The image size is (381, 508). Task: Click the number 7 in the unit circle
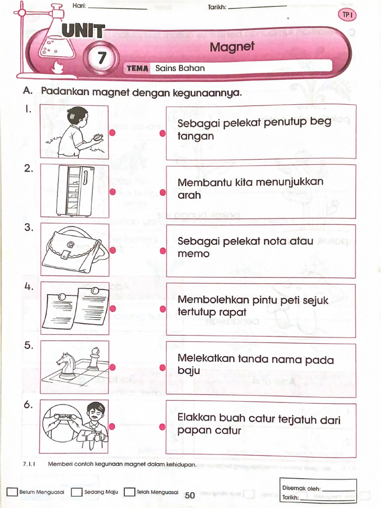101,59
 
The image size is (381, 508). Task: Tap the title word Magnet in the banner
232,47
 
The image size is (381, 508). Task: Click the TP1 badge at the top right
347,15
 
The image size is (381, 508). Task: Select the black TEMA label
137,68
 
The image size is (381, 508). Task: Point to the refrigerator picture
75,191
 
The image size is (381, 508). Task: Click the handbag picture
74,250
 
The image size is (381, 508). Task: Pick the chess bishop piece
94,359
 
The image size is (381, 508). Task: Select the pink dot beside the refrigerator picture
113,192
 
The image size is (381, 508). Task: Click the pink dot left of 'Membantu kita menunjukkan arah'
162,192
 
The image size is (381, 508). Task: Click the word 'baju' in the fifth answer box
189,371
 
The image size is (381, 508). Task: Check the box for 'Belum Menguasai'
12,492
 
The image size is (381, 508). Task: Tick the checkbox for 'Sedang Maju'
76,492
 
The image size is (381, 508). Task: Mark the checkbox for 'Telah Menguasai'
129,492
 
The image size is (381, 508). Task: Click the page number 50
190,495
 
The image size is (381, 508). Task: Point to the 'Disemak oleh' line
339,489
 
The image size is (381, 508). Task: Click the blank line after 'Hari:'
118,7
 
